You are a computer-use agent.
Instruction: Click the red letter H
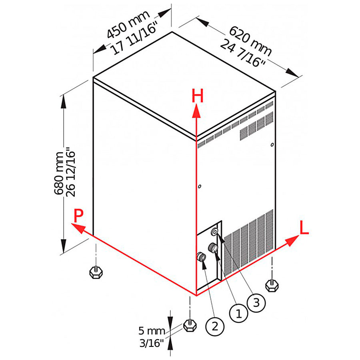point(198,96)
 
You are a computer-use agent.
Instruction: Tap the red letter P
point(78,216)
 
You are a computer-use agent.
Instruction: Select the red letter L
point(304,228)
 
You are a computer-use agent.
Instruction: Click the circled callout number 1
point(239,313)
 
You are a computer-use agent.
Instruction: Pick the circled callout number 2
point(215,326)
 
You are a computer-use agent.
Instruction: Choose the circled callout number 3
point(256,303)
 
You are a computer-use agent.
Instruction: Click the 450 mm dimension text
point(128,24)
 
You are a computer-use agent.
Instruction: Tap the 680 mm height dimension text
point(59,173)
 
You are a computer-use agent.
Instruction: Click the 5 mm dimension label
point(152,331)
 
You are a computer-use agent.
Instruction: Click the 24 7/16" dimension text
point(243,53)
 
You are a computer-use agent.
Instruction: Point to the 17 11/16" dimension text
point(135,38)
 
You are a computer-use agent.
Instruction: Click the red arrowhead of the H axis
point(196,111)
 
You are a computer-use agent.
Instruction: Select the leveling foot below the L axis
point(272,285)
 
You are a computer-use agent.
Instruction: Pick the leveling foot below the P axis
point(96,272)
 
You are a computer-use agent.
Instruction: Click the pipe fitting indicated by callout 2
point(201,257)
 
